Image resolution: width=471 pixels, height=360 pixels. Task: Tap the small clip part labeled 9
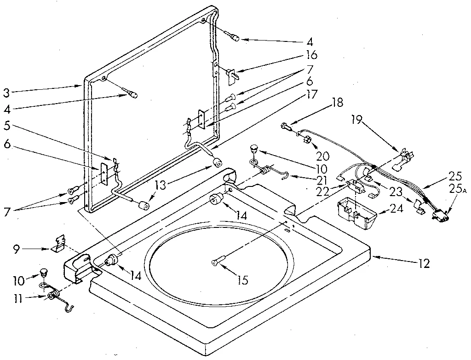click(58, 242)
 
